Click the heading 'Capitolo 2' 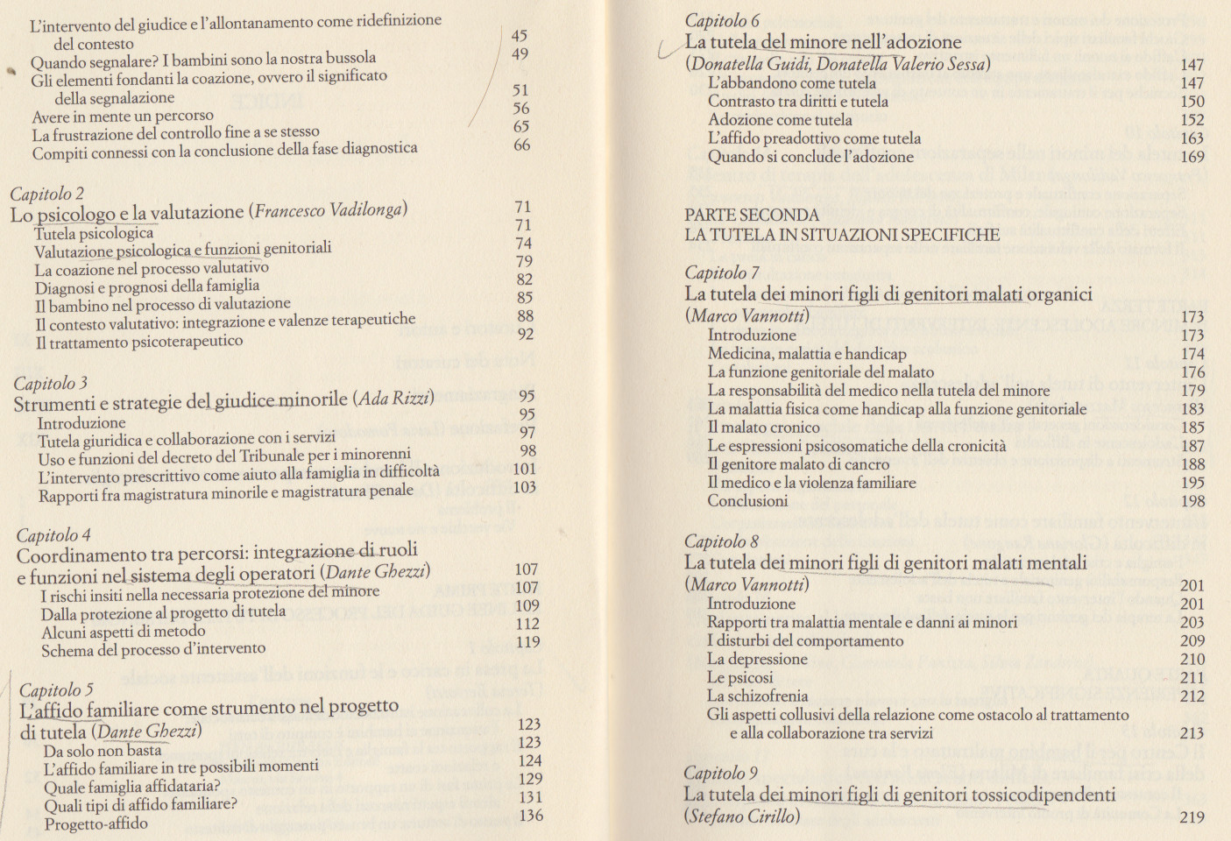point(47,194)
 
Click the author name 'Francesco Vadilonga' point(329,210)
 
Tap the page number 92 point(526,334)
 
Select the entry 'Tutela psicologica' point(94,233)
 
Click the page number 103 point(525,487)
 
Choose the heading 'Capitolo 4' point(53,534)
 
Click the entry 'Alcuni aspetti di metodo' point(124,632)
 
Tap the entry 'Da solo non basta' point(103,751)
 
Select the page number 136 point(531,816)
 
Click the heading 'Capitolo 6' point(722,20)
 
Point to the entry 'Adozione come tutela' point(780,120)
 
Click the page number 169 point(1192,157)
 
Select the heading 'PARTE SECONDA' point(752,215)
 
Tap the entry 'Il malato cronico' point(763,428)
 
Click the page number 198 point(1192,502)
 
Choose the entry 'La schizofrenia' point(757,696)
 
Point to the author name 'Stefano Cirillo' point(743,816)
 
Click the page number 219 point(1192,817)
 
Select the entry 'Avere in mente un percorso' point(123,116)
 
